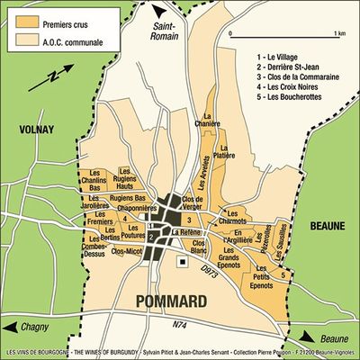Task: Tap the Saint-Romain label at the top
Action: (x=168, y=30)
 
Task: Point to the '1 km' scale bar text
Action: (x=338, y=32)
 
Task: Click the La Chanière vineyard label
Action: (x=212, y=121)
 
